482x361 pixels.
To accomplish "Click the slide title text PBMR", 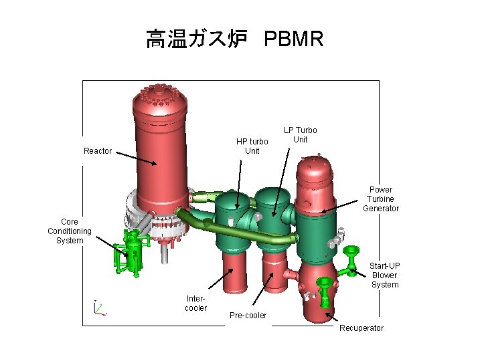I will [x=294, y=39].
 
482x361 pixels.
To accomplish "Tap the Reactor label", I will [x=98, y=151].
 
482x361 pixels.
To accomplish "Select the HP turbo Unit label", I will [x=252, y=146].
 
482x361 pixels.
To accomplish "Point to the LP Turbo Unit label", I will [x=301, y=134].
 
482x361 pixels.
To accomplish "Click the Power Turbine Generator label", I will [x=381, y=199].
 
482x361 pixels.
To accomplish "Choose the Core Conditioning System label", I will [x=70, y=231].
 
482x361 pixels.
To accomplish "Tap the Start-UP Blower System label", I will [x=384, y=275].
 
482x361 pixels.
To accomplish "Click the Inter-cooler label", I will [x=196, y=304].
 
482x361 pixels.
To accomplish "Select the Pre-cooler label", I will [x=248, y=315].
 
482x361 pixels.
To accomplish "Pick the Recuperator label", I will [x=361, y=328].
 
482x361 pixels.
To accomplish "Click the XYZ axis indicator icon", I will [x=99, y=308].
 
